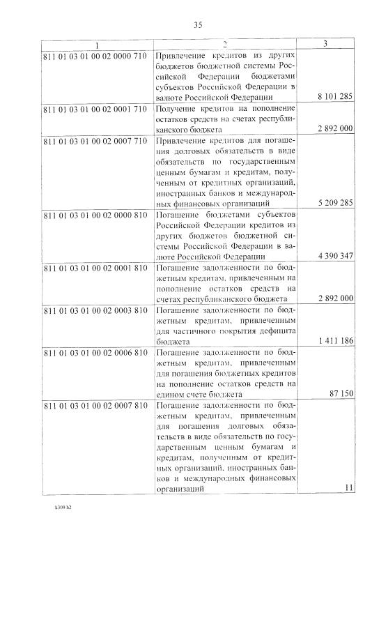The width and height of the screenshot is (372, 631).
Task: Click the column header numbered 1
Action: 96,45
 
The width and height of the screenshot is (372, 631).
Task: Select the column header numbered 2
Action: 224,45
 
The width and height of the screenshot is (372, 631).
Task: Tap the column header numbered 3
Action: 326,45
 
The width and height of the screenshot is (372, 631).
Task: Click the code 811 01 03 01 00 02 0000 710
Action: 95,54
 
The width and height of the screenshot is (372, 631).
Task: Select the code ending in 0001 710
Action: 95,109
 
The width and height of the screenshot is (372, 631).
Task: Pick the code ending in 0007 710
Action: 95,141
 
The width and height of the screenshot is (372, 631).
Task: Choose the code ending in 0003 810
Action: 95,310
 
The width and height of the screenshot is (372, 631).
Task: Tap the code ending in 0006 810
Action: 95,352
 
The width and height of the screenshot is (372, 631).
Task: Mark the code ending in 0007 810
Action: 95,405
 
